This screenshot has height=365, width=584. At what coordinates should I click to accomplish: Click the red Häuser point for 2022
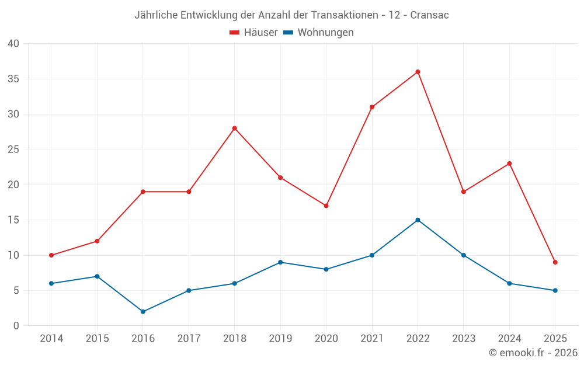(418, 72)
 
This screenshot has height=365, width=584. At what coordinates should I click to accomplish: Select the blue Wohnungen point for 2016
(143, 311)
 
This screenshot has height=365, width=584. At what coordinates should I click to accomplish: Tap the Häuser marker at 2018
(234, 128)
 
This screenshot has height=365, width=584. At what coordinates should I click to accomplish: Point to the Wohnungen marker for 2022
(418, 220)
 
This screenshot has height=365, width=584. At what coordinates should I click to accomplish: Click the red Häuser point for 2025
(555, 262)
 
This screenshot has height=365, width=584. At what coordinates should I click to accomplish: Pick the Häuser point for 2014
(51, 255)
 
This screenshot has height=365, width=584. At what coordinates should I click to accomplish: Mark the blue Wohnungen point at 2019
(280, 262)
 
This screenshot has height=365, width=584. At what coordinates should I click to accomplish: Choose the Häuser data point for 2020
(326, 206)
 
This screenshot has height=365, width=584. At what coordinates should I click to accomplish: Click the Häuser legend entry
(254, 33)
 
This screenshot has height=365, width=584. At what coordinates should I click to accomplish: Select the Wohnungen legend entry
(319, 33)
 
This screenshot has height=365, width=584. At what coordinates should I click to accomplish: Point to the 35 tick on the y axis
(13, 79)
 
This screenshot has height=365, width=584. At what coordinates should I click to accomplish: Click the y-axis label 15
(13, 220)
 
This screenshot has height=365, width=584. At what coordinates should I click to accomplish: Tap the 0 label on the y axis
(16, 326)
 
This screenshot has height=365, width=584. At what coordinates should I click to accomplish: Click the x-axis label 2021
(371, 339)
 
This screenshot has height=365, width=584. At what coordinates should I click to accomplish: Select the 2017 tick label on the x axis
(189, 339)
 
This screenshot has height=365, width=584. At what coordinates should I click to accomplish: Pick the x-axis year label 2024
(509, 339)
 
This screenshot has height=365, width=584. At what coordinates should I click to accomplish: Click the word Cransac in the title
(429, 15)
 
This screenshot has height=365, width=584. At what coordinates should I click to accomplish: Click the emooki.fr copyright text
(533, 353)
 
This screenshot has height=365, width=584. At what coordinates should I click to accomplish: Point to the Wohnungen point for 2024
(509, 283)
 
